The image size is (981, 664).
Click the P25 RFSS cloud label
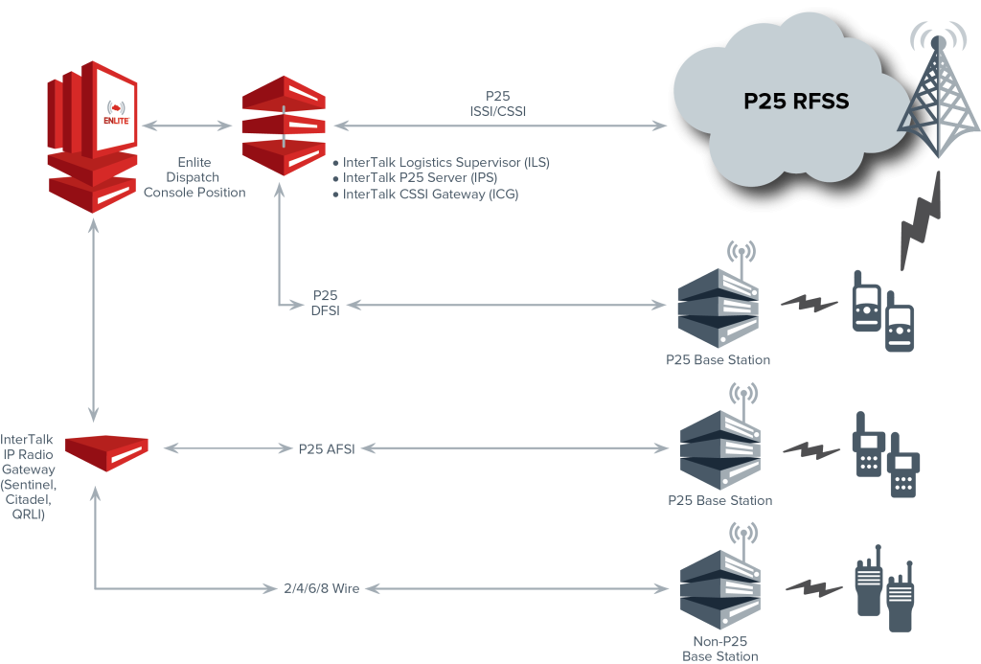[x=796, y=102]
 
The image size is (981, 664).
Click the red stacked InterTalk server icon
[x=283, y=125]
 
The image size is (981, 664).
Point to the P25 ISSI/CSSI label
[x=497, y=103]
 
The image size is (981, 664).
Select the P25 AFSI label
[x=327, y=447]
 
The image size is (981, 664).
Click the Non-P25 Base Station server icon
[x=719, y=585]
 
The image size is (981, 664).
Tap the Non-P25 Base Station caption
[x=719, y=649]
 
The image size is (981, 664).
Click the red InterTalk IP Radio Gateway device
[x=106, y=450]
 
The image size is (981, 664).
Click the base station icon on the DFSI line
[x=718, y=304]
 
